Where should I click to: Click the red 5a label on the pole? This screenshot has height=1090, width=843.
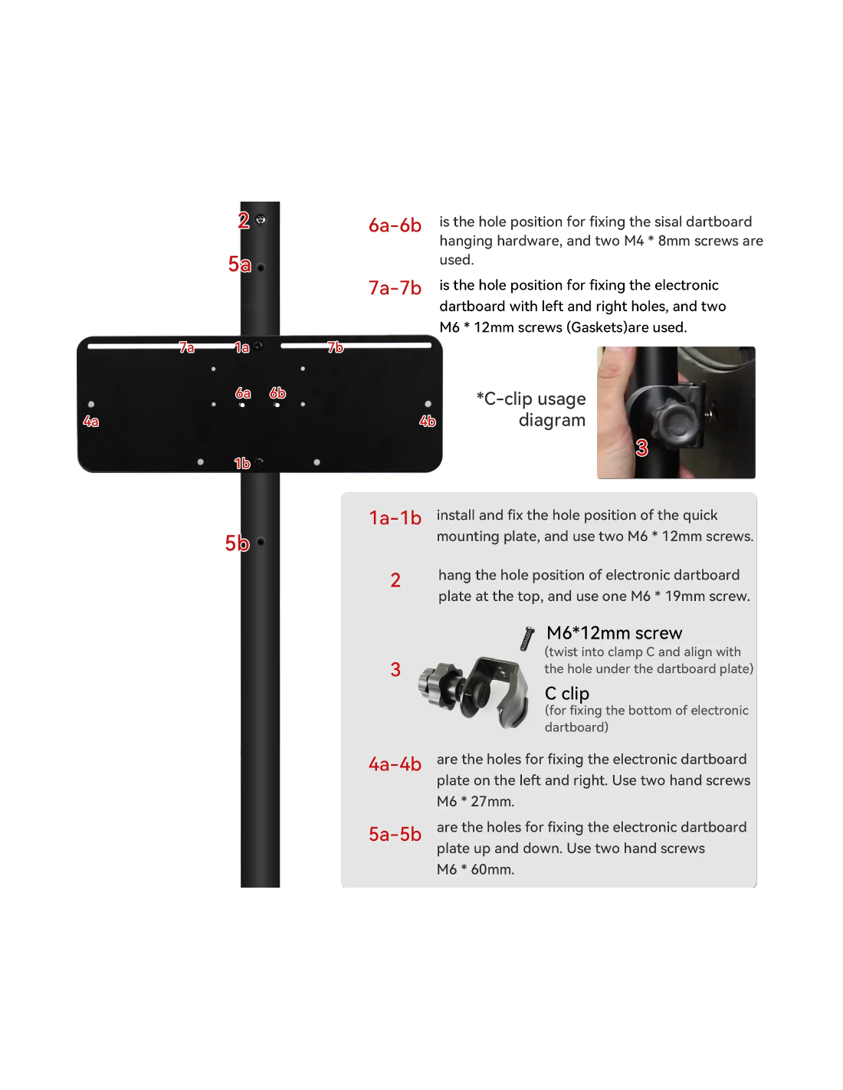(x=238, y=264)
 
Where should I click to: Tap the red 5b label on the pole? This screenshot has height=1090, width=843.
(x=237, y=543)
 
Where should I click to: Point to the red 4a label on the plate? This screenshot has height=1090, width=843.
(x=90, y=421)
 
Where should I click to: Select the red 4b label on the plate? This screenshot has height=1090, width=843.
(x=428, y=421)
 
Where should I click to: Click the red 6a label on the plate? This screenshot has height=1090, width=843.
(x=243, y=392)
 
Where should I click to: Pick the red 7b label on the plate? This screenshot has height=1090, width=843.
(x=335, y=347)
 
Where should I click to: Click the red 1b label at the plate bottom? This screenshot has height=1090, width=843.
(x=241, y=463)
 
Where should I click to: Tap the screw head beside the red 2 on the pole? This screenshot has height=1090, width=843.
(x=261, y=219)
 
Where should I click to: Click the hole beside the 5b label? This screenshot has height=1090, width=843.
(x=261, y=542)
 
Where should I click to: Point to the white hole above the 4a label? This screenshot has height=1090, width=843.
(x=90, y=404)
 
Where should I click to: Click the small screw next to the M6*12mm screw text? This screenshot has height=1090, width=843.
(x=527, y=639)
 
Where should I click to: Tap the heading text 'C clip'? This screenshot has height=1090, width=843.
(x=566, y=693)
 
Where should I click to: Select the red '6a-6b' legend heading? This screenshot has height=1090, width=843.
(x=395, y=225)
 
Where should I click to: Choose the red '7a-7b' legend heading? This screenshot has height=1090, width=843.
(x=395, y=288)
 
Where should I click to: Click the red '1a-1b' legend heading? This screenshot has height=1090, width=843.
(x=395, y=517)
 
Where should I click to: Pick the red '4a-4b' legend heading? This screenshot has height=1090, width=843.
(x=395, y=764)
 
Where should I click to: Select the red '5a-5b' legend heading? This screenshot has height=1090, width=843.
(x=395, y=834)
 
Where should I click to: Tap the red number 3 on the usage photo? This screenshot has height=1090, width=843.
(x=641, y=448)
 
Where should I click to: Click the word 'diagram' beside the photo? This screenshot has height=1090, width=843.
(x=552, y=420)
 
